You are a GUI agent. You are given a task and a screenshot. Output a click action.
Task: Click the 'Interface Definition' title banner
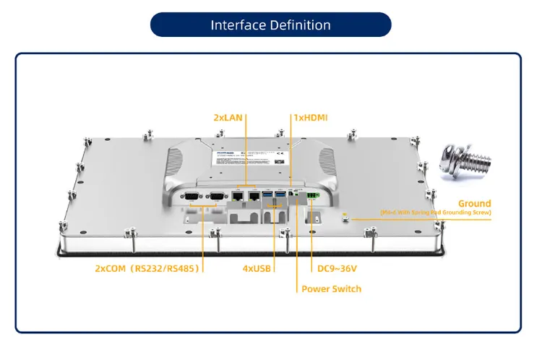[x=270, y=25]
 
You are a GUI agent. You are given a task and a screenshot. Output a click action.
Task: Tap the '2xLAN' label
[x=228, y=116]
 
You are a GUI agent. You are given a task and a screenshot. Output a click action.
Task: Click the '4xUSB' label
[x=257, y=268]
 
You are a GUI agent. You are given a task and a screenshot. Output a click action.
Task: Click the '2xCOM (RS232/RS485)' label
[x=147, y=268]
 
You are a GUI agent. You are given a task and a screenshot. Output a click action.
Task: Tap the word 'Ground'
[x=474, y=204]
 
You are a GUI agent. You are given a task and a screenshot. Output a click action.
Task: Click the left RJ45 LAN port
[x=238, y=195]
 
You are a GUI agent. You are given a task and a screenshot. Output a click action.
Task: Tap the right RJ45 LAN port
[x=254, y=195]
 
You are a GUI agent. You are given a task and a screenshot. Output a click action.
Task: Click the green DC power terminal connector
[x=312, y=195]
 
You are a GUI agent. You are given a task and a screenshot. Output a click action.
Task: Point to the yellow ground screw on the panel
[x=345, y=215]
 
